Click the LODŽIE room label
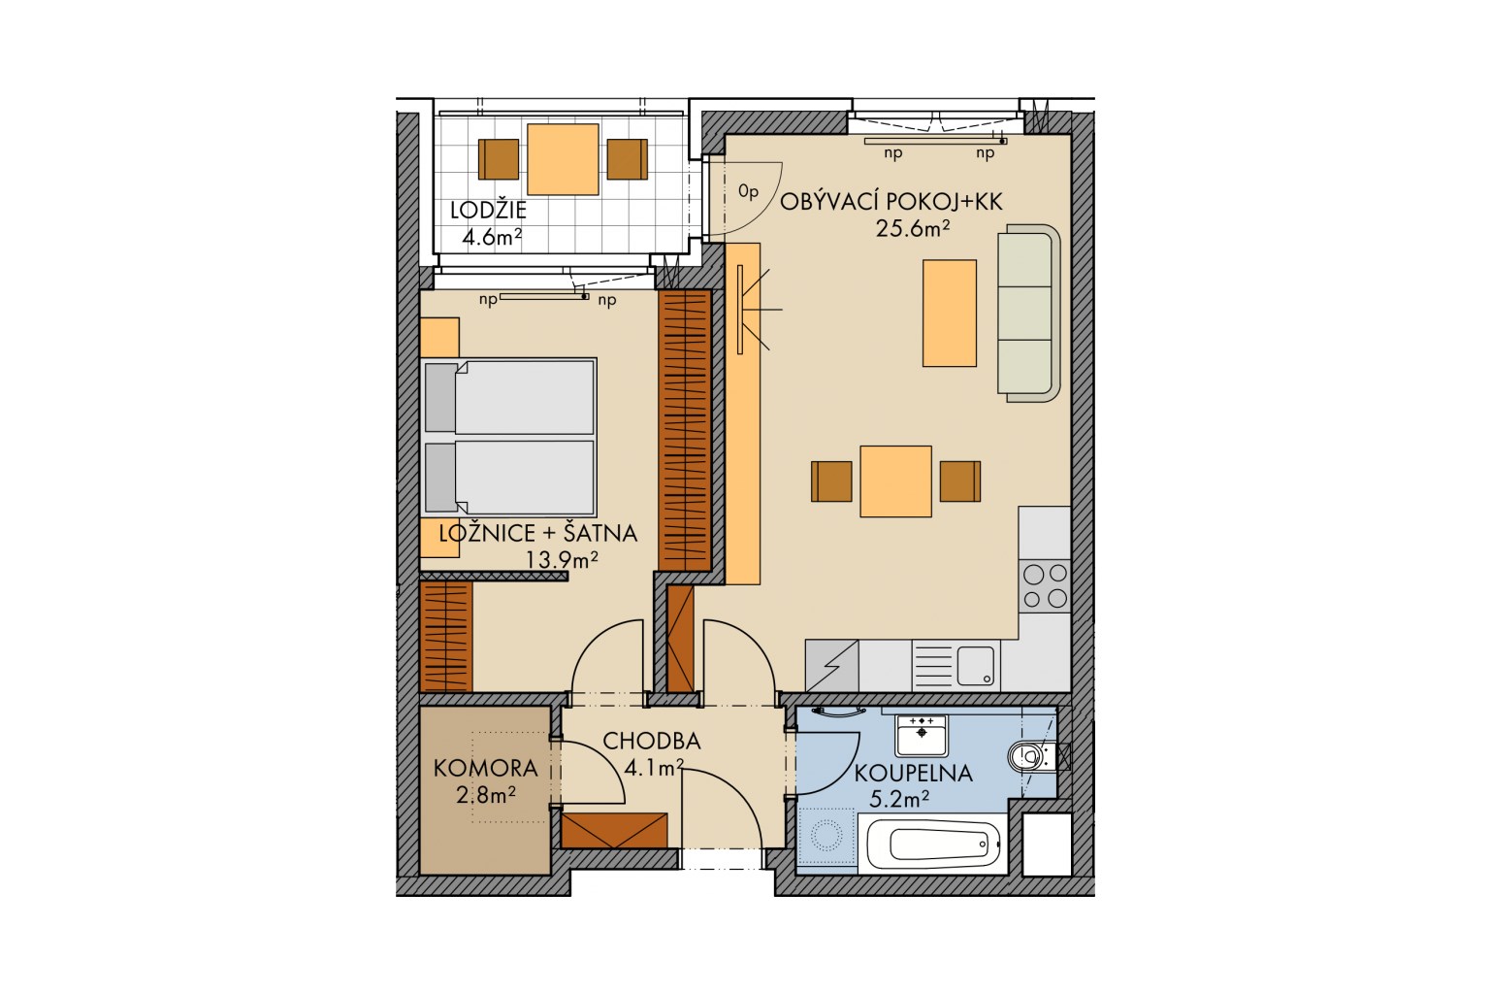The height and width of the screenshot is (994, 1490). pos(488,211)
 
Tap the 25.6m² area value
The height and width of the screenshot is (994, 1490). pos(912,228)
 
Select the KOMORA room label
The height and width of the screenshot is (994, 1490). pos(486,768)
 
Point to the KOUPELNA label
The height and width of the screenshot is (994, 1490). pos(913,774)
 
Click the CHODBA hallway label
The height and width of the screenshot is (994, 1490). pos(652,741)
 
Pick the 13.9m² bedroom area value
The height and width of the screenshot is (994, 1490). pos(562,559)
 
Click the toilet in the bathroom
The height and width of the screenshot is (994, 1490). pos(1031,756)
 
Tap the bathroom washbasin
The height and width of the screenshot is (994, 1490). pos(922,736)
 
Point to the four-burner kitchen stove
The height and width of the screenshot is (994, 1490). pos(1045,586)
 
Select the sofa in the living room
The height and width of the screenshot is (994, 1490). pos(1028,313)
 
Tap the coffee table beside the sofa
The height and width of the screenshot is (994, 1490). pos(950,313)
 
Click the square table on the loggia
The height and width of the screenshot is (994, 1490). pos(563,159)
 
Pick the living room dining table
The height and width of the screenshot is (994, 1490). pos(895,481)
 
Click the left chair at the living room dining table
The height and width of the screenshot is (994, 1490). pos(831,481)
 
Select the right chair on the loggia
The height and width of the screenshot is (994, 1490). pos(628,159)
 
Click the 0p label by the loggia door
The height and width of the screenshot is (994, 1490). pos(748,192)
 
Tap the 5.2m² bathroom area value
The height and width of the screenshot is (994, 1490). pos(899,798)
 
